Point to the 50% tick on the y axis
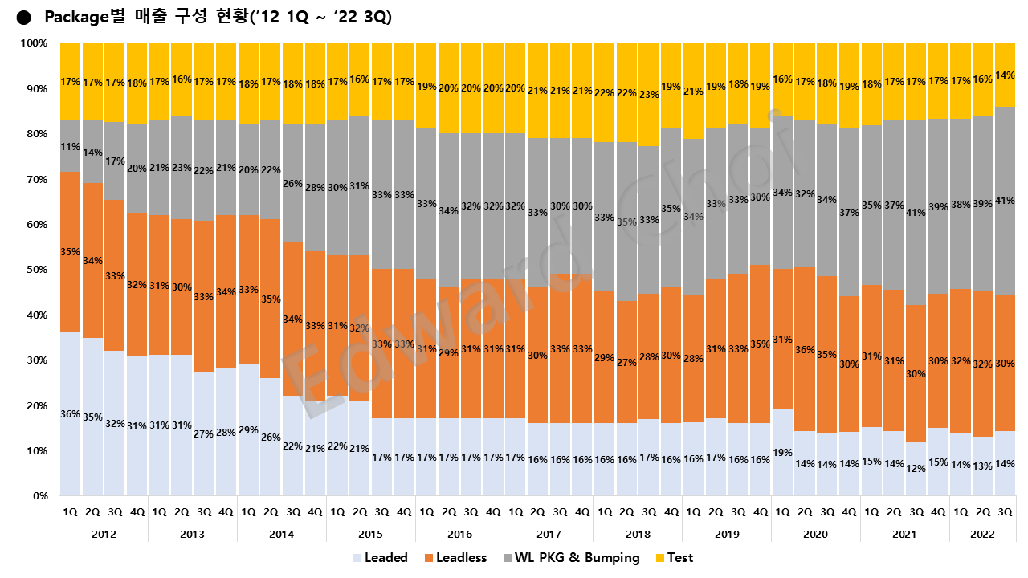[x=36, y=270]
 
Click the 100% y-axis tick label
[x=33, y=43]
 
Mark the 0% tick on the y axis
[x=39, y=496]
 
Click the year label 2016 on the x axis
[x=459, y=534]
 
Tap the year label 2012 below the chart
[x=104, y=534]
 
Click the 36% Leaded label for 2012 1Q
[x=70, y=414]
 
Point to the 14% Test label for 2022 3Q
[x=1004, y=75]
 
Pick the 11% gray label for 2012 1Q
[x=70, y=147]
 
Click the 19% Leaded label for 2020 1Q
[x=781, y=452]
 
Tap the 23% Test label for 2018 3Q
[x=648, y=94]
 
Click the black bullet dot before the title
[x=23, y=18]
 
